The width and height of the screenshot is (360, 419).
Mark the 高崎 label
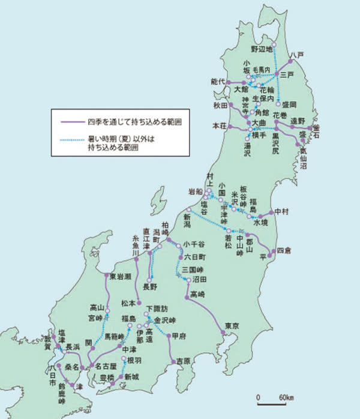click(197, 294)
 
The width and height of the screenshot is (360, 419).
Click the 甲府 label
click(179, 336)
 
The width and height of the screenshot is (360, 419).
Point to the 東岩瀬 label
click(120, 276)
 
